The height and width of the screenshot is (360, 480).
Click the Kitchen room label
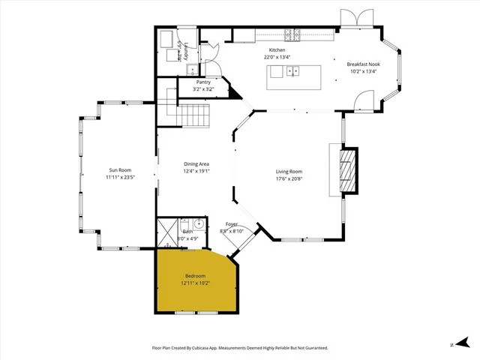pos(277,49)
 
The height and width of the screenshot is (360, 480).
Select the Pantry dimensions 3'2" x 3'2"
pos(203,89)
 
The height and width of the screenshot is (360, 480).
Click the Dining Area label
pos(196,163)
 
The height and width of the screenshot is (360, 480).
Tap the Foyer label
pos(232,224)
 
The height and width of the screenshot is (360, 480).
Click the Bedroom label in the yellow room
pos(195,276)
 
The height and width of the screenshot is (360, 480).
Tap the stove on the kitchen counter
pos(293,34)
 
